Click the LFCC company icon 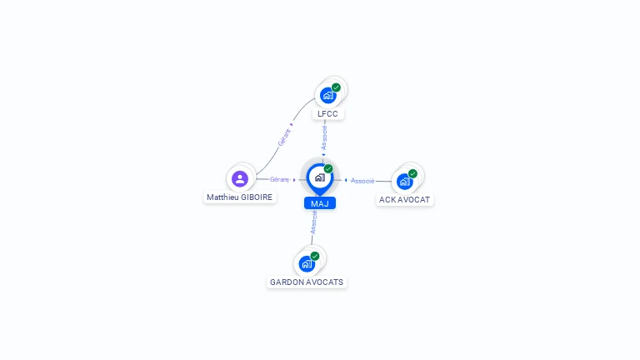click(x=328, y=95)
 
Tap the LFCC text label click(x=330, y=113)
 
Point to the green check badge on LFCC click(x=336, y=87)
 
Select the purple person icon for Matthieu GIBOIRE click(x=240, y=178)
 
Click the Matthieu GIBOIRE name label click(x=240, y=197)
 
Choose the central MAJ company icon click(x=320, y=177)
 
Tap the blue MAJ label click(x=320, y=203)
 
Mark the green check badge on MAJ click(x=328, y=169)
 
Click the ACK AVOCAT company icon click(x=405, y=181)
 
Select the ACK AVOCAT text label click(x=405, y=200)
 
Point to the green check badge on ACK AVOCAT click(x=412, y=173)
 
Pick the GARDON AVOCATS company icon click(x=307, y=263)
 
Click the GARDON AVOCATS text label click(x=307, y=282)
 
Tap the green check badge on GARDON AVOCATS click(x=315, y=256)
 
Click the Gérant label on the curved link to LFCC click(x=284, y=137)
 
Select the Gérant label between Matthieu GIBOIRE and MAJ click(x=279, y=179)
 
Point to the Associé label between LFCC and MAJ click(x=324, y=137)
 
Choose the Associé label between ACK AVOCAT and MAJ click(x=362, y=180)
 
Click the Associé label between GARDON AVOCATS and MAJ click(x=313, y=222)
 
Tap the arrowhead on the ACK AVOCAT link click(x=345, y=180)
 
